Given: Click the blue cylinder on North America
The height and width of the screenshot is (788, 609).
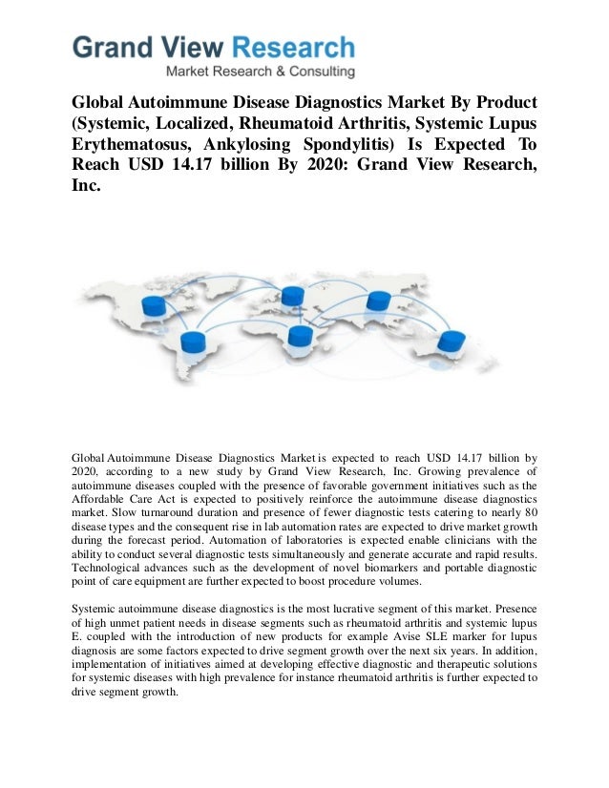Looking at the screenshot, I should pos(153,306).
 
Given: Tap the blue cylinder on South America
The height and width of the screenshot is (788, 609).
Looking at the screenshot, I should pos(194,342).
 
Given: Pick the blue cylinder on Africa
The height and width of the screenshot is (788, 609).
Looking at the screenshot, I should pos(300,336).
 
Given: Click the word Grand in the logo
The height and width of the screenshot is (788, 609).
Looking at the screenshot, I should pos(113,49).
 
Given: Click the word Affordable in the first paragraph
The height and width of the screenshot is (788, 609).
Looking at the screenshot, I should pos(105,498).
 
